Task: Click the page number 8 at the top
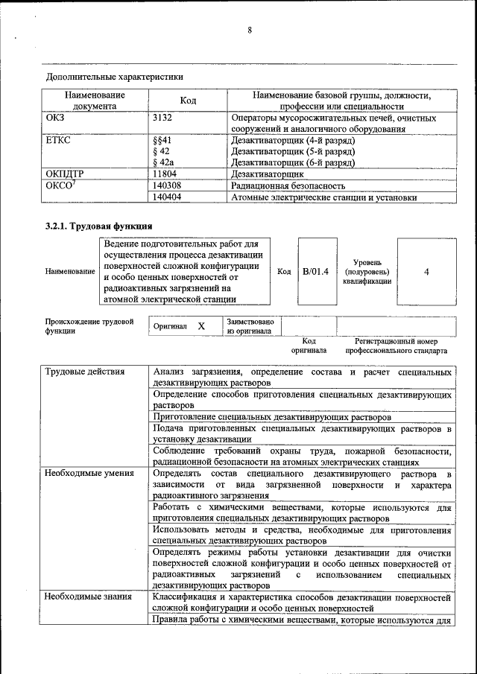[x=250, y=31]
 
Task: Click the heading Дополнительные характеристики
[x=115, y=77]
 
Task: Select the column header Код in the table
[x=188, y=101]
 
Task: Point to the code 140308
[x=167, y=185]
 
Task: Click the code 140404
[x=167, y=197]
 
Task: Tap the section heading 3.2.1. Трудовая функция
[x=99, y=226]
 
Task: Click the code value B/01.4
[x=315, y=272]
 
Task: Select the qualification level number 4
[x=426, y=273]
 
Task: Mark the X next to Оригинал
[x=201, y=326]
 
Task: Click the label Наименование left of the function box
[x=70, y=272]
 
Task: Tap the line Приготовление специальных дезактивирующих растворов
[x=272, y=418]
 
